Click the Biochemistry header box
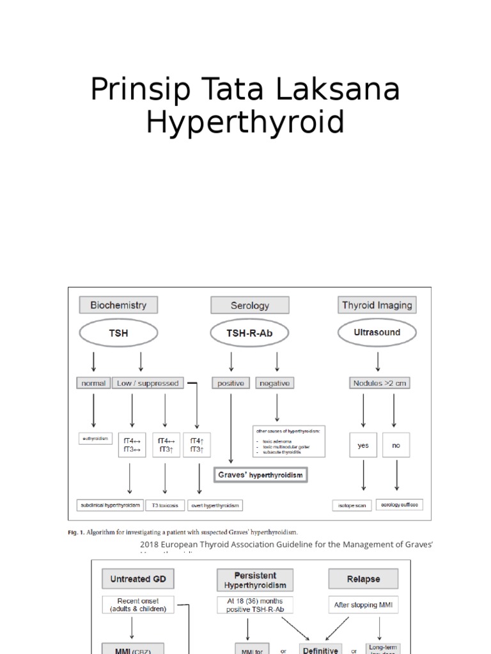(x=118, y=305)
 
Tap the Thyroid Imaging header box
(x=377, y=305)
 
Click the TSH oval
(x=118, y=333)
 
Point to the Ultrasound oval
(x=377, y=333)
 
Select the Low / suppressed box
(x=148, y=383)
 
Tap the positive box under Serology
(x=231, y=383)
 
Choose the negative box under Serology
(x=274, y=383)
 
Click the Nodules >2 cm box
(x=379, y=383)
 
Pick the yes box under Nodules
(x=363, y=446)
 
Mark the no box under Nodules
(x=396, y=446)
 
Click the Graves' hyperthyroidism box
(x=260, y=475)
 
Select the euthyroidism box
(x=95, y=439)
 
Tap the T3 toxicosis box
(x=164, y=505)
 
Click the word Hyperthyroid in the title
(x=245, y=122)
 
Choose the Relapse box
(x=363, y=580)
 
